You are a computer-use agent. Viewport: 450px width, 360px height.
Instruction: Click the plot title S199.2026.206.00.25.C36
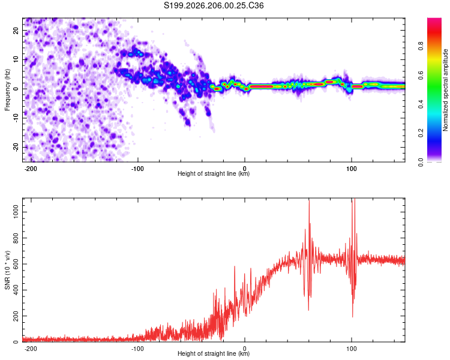tap(214, 5)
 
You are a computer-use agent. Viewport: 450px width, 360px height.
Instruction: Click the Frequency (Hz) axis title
tap(7, 90)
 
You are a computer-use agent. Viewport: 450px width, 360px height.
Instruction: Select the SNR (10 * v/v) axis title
tap(7, 270)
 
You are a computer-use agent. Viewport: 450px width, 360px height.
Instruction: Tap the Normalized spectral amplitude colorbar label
tap(445, 90)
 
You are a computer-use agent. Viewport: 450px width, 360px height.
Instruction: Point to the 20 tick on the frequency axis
tap(16, 30)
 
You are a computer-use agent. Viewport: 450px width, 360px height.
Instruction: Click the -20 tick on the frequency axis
tap(16, 147)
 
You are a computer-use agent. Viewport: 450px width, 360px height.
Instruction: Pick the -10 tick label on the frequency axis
tap(16, 118)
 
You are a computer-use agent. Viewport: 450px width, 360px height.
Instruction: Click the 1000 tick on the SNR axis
tap(16, 212)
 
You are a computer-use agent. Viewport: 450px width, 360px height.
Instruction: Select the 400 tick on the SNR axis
tap(16, 290)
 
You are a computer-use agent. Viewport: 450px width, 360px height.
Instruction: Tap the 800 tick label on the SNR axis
tap(16, 238)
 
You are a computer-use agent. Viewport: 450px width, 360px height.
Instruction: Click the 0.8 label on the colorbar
tap(421, 46)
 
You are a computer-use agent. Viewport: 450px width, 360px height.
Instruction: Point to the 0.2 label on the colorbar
tap(421, 133)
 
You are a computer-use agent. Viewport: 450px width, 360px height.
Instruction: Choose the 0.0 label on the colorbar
tap(421, 162)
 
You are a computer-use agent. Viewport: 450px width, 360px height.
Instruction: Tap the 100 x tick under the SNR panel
tap(352, 349)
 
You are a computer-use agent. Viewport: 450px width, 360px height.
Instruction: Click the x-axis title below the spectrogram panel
tap(214, 173)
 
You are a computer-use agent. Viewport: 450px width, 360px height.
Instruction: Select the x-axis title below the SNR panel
tap(214, 353)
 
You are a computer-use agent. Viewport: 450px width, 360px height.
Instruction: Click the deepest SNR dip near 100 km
tap(352, 316)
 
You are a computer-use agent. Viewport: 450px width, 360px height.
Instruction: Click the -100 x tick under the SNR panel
tap(137, 349)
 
